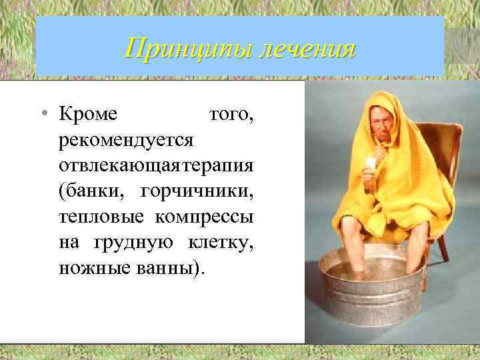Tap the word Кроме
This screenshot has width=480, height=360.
pos(88,116)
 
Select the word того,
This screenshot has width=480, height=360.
pos(231,116)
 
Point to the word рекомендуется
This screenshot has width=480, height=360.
pos(126,141)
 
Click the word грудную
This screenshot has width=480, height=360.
pos(137,243)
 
